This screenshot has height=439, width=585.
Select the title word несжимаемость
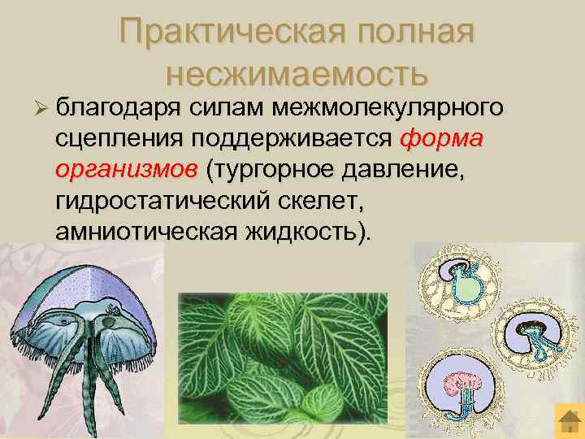tap(296, 74)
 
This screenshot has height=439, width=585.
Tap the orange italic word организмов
tap(126, 170)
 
